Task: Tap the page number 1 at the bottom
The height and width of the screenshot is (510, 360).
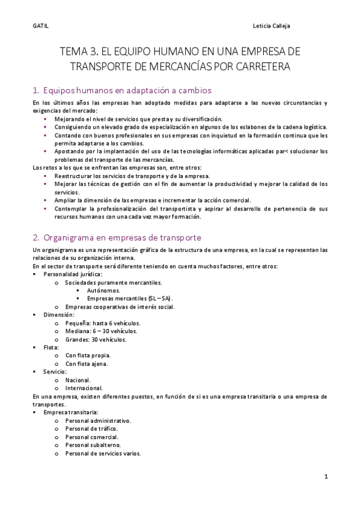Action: coord(325,476)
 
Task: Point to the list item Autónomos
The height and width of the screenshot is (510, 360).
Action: coord(103,290)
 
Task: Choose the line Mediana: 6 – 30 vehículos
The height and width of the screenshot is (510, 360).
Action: coord(102,331)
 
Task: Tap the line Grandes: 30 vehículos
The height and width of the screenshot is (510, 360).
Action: coord(96,339)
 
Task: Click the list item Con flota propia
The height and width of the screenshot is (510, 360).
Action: coord(88,355)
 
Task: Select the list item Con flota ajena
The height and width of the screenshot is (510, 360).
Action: coord(87,364)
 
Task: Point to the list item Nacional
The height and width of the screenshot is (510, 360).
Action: coord(78,380)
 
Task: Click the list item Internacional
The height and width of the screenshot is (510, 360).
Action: coord(84,388)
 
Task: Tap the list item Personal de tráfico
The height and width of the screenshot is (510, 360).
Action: coord(92,429)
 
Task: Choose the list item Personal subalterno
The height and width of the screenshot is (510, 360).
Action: coord(93,445)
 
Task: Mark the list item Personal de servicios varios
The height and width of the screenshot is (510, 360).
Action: coord(103,453)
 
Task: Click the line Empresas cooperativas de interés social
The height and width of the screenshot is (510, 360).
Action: coord(120,307)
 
